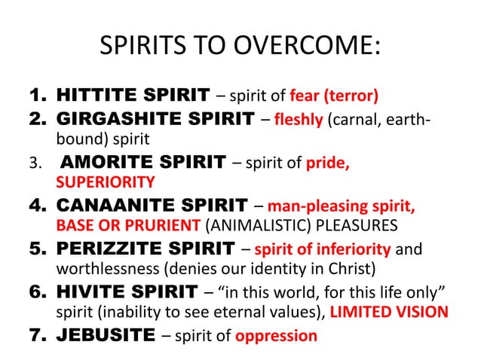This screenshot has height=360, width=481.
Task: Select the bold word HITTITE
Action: click(97, 96)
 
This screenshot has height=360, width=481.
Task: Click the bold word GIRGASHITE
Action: click(120, 118)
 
